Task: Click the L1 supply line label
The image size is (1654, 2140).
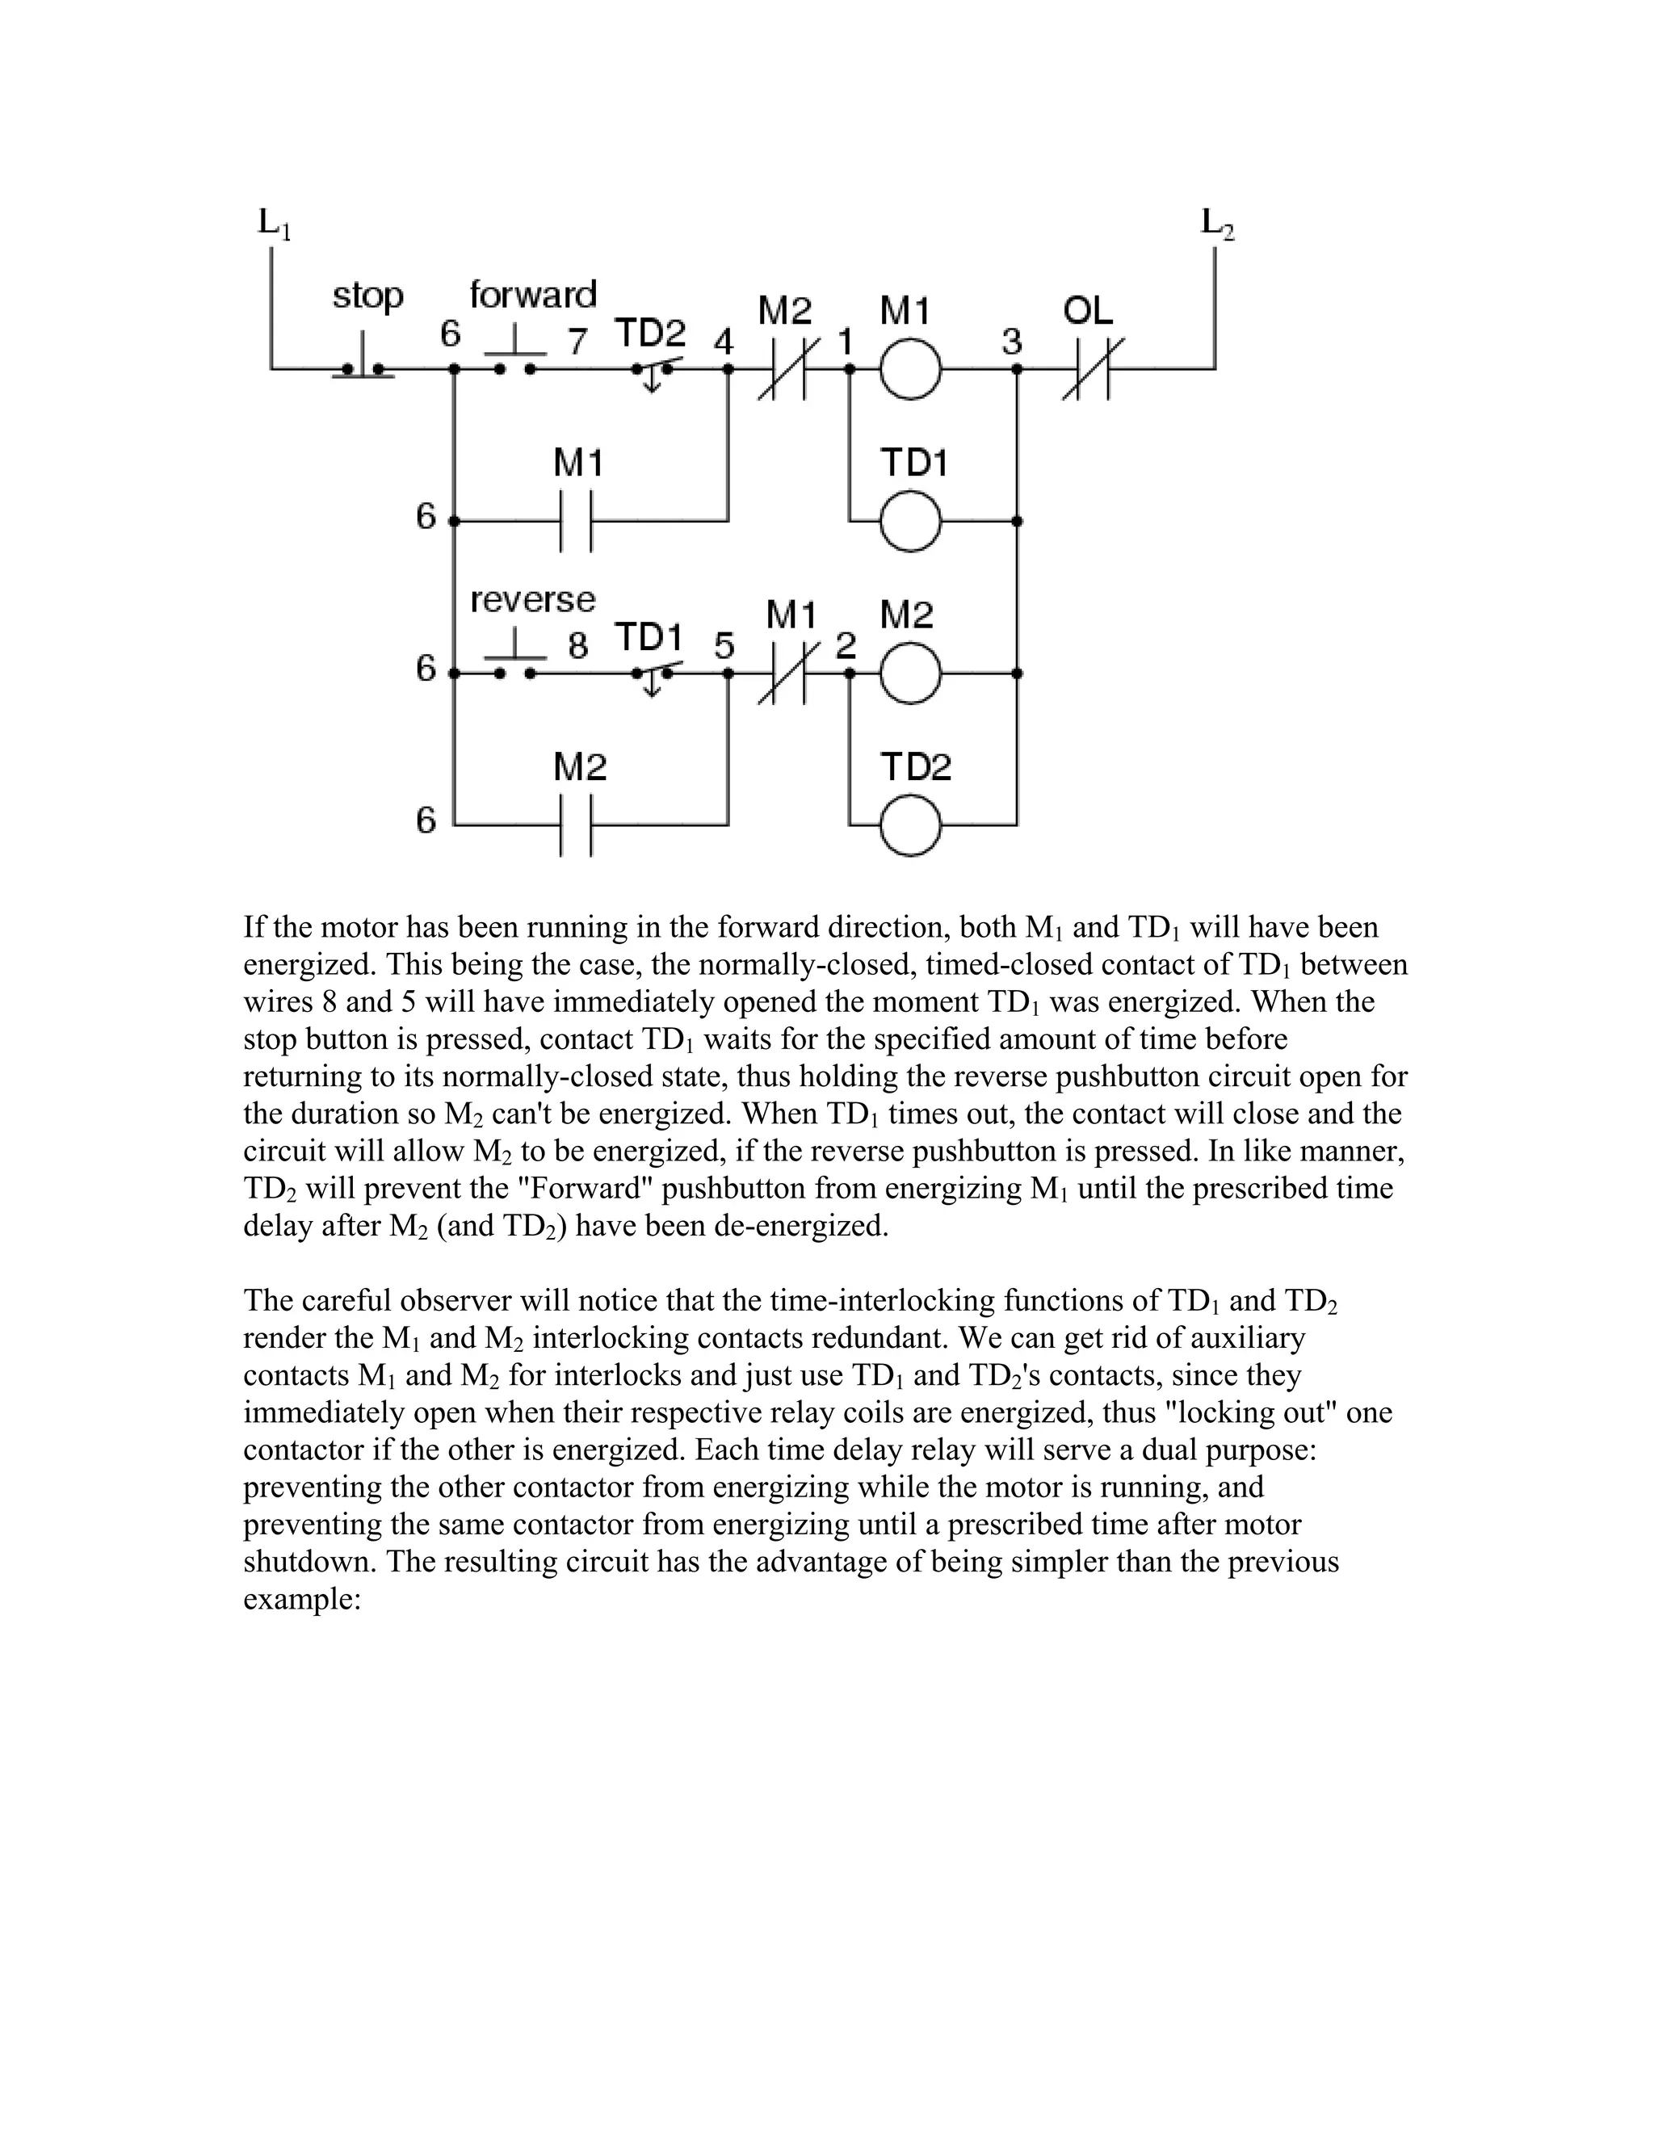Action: click(x=274, y=224)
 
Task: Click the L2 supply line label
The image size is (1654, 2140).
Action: click(x=1218, y=224)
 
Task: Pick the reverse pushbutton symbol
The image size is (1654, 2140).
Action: click(x=514, y=665)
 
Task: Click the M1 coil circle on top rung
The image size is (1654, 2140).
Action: click(x=910, y=369)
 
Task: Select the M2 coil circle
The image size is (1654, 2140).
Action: click(x=910, y=674)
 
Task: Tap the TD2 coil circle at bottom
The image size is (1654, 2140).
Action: click(x=910, y=826)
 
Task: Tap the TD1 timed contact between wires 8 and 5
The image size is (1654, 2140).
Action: click(x=653, y=675)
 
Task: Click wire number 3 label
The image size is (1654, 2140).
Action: click(x=1011, y=342)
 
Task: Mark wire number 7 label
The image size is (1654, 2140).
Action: click(x=578, y=341)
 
